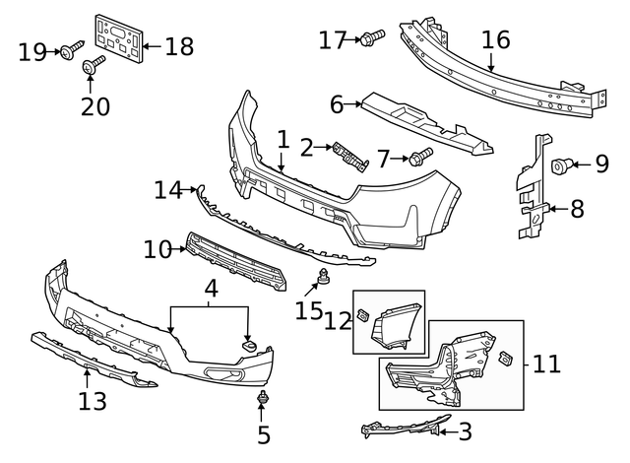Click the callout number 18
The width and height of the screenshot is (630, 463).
pos(179,45)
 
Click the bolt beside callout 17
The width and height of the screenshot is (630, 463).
pos(372,38)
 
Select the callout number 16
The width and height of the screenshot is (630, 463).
pos(495,39)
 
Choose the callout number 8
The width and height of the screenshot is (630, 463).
pos(578,208)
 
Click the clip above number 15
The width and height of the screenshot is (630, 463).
pos(323,275)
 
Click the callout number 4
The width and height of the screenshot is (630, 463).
pos(210,289)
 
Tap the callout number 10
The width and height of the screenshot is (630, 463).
pos(157,250)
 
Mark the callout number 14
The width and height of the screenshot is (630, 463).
pos(168,190)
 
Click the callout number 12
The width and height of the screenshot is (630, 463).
pos(338,319)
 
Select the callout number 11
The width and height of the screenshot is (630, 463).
pos(547,364)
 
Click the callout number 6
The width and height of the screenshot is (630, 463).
pos(337,103)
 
